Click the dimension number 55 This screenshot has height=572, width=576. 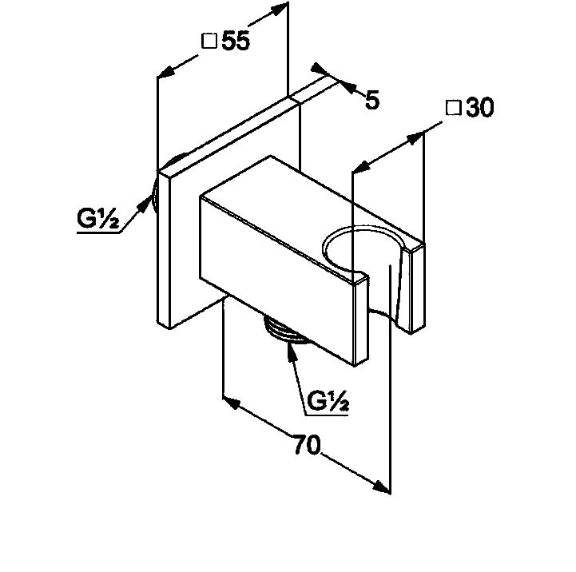(236, 42)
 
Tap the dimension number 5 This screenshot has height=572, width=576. (371, 101)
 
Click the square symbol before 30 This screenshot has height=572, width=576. (452, 109)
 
